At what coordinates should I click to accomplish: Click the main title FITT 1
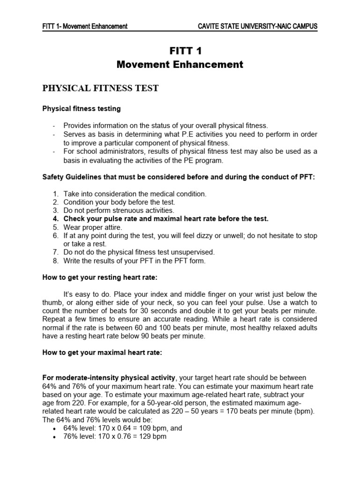(x=180, y=51)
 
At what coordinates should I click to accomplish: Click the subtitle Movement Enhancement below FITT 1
(x=180, y=65)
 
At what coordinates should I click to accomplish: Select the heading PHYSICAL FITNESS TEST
(x=101, y=88)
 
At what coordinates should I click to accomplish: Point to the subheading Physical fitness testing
(x=82, y=109)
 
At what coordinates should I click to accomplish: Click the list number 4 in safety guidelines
(x=55, y=219)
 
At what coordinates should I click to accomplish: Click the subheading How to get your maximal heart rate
(x=102, y=353)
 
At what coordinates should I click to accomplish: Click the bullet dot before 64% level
(x=55, y=428)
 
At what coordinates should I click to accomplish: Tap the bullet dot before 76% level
(x=55, y=437)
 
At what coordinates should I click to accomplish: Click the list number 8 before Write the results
(x=55, y=261)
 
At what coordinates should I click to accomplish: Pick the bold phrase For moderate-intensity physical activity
(x=109, y=377)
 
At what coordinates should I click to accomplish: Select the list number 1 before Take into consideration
(x=55, y=194)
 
